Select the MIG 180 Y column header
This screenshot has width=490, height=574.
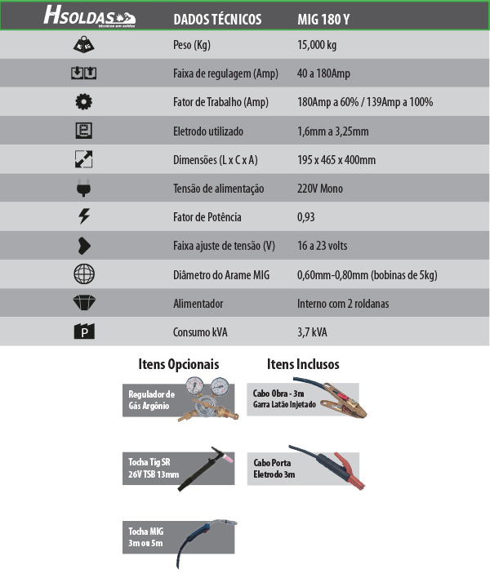(x=325, y=17)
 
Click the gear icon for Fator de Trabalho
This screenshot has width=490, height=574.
(x=83, y=102)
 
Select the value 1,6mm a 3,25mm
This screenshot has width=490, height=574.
(x=333, y=131)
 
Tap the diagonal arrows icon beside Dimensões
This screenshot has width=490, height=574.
(x=83, y=160)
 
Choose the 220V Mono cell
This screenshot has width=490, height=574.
(x=320, y=189)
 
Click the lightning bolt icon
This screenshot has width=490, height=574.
(x=83, y=217)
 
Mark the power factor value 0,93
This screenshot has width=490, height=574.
(x=306, y=217)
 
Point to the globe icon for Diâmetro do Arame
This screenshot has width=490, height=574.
(x=83, y=274)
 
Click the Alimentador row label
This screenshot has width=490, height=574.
(x=198, y=304)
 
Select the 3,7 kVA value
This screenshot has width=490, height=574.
(x=314, y=332)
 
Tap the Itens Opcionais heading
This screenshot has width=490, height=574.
(x=179, y=364)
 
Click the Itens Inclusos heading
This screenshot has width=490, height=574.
(x=303, y=364)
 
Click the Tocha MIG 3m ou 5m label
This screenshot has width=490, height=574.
(x=146, y=536)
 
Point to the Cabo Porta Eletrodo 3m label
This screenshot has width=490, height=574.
(x=274, y=468)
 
